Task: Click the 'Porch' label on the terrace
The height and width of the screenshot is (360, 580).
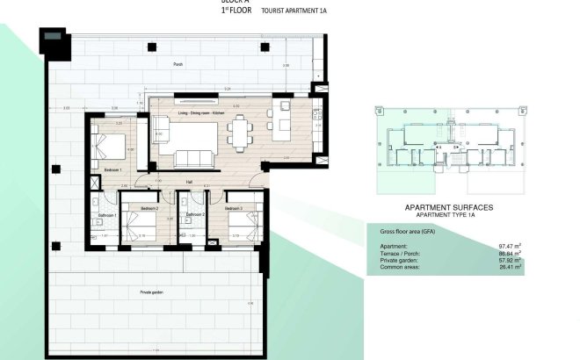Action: pos(178,64)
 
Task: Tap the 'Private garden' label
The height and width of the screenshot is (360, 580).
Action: pos(151,292)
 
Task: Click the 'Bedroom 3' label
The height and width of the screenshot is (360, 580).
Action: pos(233,209)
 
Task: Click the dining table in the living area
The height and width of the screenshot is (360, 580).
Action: pos(240,133)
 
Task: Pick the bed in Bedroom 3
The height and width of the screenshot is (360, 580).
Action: pos(239,229)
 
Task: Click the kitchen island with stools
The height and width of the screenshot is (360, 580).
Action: pos(283,124)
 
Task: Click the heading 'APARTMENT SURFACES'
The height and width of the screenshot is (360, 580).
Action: pos(448,207)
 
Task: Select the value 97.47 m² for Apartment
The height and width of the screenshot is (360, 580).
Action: pos(510,246)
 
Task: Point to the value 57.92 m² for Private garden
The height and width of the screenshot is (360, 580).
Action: pos(510,260)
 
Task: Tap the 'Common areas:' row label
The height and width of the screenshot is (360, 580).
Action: pos(397,267)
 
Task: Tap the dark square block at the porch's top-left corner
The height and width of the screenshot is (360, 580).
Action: pos(53,41)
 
